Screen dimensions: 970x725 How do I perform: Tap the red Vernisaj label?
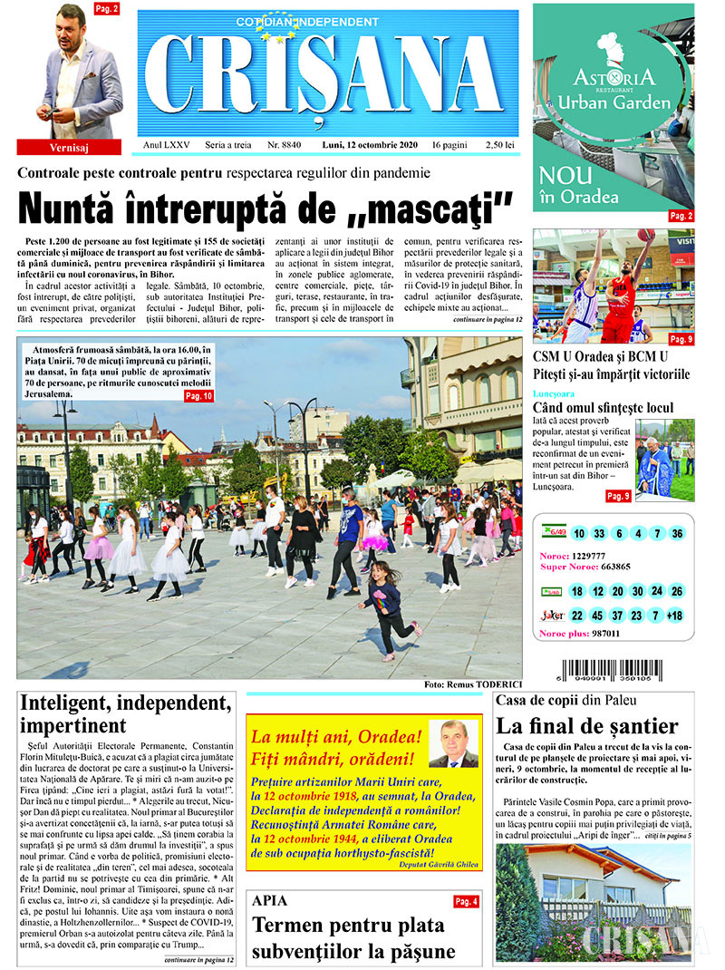(69, 147)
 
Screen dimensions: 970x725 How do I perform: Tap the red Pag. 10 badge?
(199, 396)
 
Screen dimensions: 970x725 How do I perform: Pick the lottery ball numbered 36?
(677, 533)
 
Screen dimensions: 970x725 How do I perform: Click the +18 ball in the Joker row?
(674, 616)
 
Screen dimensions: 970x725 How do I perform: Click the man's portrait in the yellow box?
(452, 744)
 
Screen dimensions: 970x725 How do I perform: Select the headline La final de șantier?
(587, 725)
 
